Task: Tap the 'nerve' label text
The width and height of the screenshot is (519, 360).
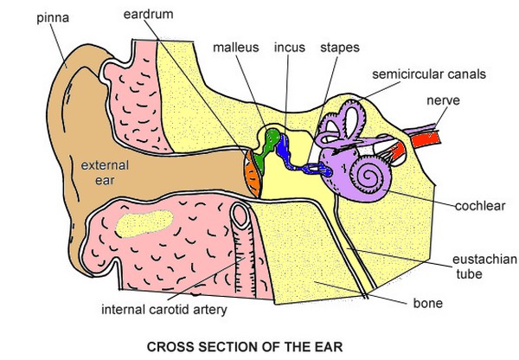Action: point(441,100)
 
